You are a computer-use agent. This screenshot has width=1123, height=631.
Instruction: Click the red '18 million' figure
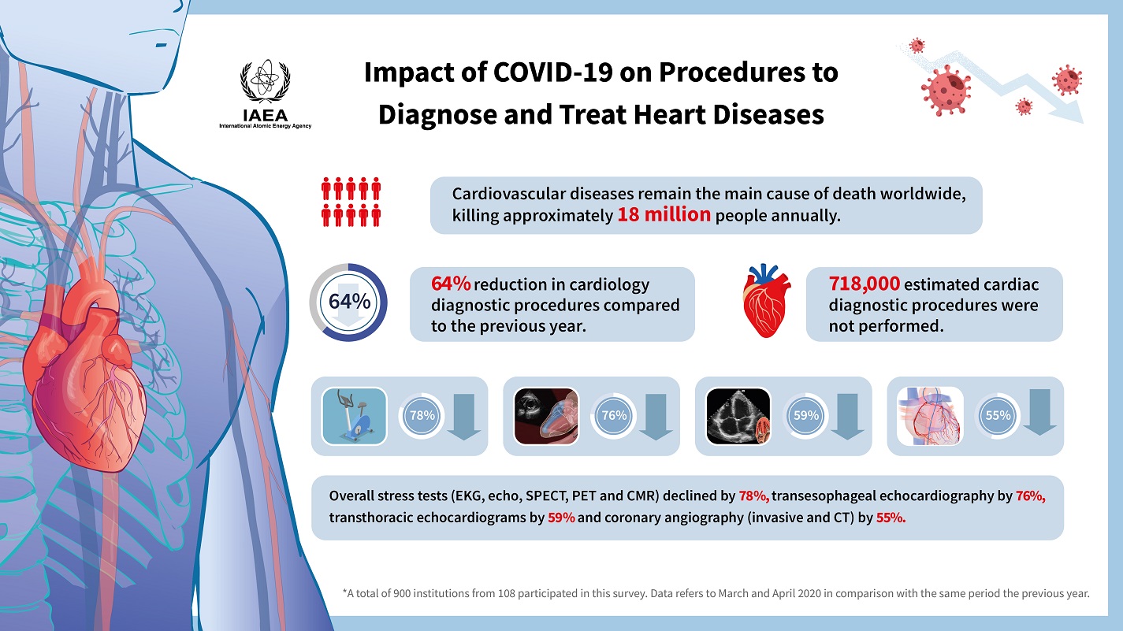pyautogui.click(x=664, y=215)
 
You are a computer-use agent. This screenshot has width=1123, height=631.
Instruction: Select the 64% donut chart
pyautogui.click(x=349, y=302)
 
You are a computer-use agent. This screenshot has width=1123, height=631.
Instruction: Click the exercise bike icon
pyautogui.click(x=355, y=416)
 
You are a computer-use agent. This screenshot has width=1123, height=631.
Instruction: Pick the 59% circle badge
pyautogui.click(x=805, y=415)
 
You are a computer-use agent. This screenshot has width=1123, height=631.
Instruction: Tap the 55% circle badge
pyautogui.click(x=997, y=415)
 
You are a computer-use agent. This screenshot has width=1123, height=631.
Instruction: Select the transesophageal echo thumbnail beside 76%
pyautogui.click(x=545, y=416)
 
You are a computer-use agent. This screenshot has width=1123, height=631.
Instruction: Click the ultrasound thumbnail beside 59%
pyautogui.click(x=738, y=416)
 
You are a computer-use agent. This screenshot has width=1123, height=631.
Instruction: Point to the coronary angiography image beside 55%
pyautogui.click(x=931, y=416)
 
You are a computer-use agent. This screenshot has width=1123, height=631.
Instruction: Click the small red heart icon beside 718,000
pyautogui.click(x=768, y=300)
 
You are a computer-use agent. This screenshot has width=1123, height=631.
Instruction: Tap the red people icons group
pyautogui.click(x=351, y=201)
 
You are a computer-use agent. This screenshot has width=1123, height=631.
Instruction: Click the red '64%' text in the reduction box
pyautogui.click(x=451, y=284)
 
